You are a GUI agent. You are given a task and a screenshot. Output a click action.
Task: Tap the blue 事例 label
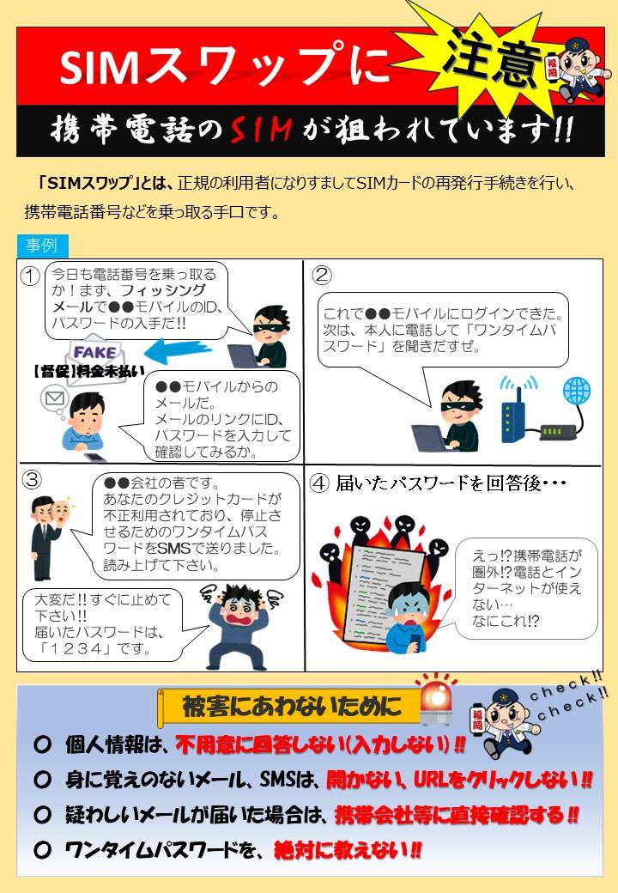point(43,246)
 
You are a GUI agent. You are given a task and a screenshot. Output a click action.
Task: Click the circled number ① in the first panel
point(30,276)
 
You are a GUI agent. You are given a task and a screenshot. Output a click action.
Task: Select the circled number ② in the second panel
point(322,275)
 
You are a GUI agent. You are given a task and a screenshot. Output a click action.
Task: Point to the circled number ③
point(32,479)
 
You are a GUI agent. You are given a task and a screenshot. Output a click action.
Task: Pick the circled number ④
point(319,483)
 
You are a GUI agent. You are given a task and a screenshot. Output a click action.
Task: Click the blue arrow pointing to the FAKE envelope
point(178,351)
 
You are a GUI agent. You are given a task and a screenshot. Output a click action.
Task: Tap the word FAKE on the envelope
point(94,353)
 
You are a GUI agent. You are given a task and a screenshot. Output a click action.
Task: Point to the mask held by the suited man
point(63,512)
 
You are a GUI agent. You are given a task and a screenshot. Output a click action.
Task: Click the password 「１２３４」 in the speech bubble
point(76,648)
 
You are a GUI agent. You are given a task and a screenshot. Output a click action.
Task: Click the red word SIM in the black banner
point(261,130)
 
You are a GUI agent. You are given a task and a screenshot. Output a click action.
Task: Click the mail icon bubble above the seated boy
point(55,398)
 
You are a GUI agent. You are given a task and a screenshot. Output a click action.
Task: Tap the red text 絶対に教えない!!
point(348,850)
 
